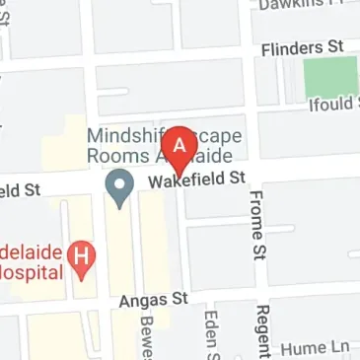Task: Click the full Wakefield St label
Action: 195,180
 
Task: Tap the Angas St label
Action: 154,297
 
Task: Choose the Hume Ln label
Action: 315,348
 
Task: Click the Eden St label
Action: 209,335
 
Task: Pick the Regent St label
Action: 262,333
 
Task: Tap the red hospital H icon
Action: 84,260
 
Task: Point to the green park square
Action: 330,76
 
